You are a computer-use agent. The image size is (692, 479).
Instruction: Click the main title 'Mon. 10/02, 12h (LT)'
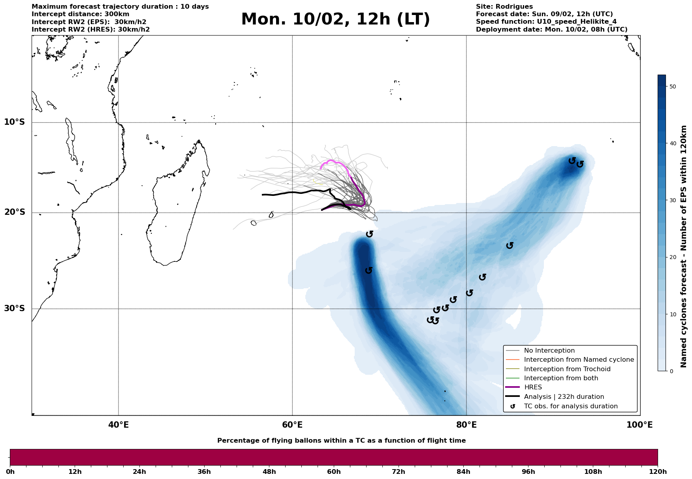click(x=335, y=19)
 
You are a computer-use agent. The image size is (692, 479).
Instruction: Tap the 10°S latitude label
click(x=15, y=122)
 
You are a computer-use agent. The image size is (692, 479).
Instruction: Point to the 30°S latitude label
click(x=15, y=308)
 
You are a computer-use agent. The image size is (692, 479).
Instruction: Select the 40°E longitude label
click(x=118, y=425)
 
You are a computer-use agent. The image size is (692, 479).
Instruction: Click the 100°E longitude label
click(x=639, y=425)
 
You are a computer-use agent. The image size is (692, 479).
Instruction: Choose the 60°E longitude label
click(x=292, y=425)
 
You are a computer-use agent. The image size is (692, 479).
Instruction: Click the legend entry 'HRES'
click(x=533, y=387)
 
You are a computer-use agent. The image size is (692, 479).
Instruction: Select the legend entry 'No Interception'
click(x=549, y=351)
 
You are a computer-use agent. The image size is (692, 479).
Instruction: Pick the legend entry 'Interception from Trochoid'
click(x=567, y=369)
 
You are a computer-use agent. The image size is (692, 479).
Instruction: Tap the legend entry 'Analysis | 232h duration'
click(x=564, y=397)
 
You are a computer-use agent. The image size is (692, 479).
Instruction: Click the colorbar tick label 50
click(x=673, y=86)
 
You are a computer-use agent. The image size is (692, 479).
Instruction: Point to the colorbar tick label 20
click(x=673, y=257)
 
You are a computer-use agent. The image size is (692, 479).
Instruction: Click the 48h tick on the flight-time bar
click(x=269, y=471)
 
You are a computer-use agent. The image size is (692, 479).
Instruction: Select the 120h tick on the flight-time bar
click(x=658, y=471)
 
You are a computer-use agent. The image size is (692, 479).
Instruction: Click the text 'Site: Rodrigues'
click(x=504, y=7)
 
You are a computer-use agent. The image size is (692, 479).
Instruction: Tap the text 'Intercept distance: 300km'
click(x=80, y=14)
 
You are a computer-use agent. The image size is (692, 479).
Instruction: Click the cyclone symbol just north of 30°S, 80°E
click(x=469, y=293)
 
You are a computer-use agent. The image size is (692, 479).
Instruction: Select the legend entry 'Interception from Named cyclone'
click(x=579, y=360)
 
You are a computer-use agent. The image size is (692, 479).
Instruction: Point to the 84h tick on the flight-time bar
click(x=463, y=471)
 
